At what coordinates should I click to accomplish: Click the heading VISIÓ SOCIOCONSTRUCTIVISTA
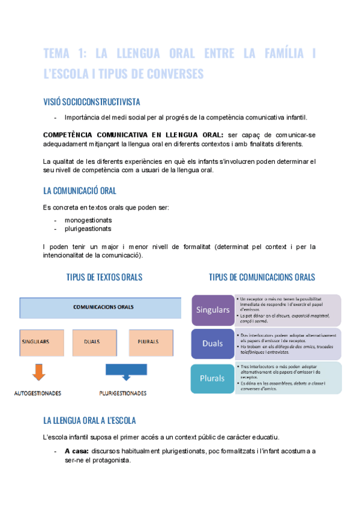92,102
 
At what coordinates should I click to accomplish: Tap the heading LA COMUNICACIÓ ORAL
80,191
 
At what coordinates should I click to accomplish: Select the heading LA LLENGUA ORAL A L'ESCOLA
94,420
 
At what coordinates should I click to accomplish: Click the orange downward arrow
38,372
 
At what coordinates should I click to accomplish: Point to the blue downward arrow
125,372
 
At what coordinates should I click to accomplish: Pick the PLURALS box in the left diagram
148,342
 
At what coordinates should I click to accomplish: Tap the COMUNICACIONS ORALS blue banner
101,307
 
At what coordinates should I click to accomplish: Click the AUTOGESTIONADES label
38,394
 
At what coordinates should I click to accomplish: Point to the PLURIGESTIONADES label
123,394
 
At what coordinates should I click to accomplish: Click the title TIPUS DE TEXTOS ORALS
104,277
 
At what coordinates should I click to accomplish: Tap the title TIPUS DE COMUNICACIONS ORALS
262,277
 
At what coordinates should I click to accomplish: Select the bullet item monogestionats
88,220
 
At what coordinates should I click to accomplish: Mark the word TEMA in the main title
61,54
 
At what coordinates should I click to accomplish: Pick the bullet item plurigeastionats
88,229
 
